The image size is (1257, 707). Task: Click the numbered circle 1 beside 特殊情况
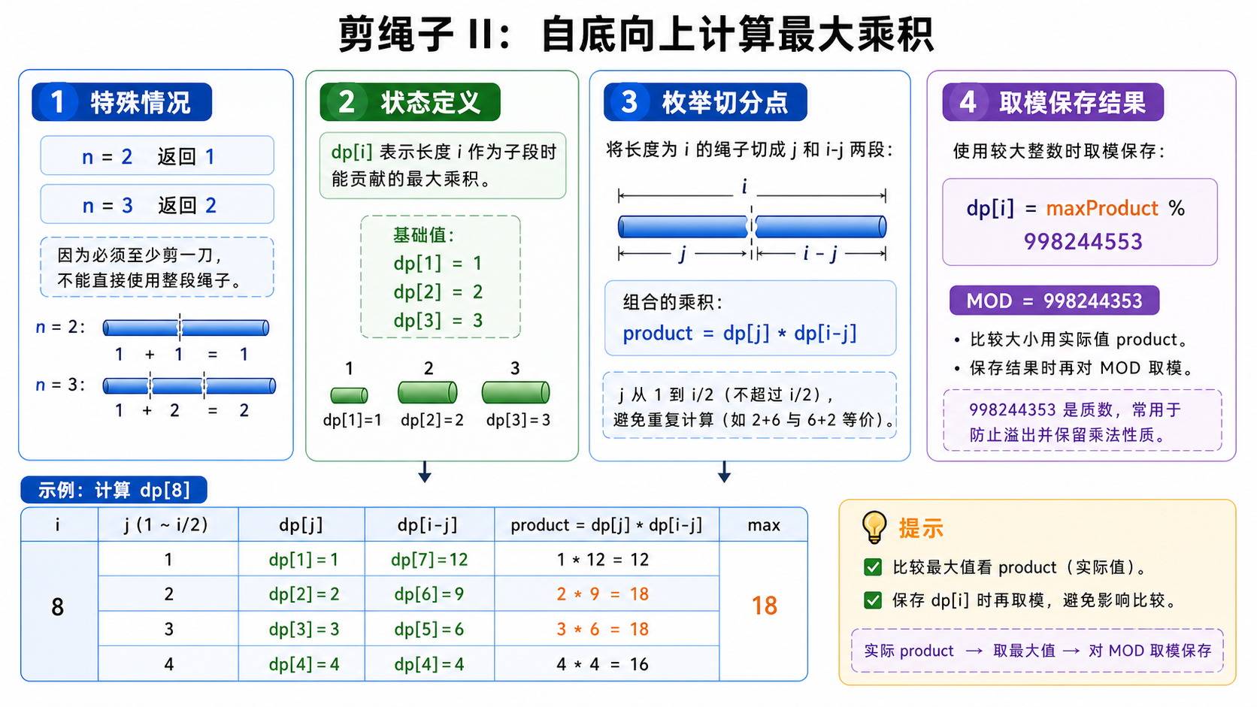pos(57,102)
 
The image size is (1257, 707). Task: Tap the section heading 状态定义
pos(431,103)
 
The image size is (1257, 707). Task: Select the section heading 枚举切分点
pos(725,103)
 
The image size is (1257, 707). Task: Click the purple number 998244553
pos(1083,242)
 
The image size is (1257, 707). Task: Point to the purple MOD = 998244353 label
pos(1054,301)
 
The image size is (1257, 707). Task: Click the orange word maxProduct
pos(1102,209)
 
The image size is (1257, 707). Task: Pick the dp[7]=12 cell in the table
pos(429,560)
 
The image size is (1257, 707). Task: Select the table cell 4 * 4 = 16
pos(603,664)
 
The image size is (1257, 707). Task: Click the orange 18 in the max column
pos(764,606)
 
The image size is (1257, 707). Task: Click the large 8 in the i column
pos(57,607)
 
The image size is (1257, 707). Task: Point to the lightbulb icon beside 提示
pos(874,527)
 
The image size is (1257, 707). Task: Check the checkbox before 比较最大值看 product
pos(873,567)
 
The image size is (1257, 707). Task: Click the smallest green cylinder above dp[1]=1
pos(349,396)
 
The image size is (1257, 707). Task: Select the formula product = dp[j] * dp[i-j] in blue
pos(740,334)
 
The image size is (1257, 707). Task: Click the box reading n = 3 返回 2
pos(157,204)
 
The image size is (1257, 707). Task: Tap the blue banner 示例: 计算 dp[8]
pos(114,490)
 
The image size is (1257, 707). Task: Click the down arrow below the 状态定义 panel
pos(425,472)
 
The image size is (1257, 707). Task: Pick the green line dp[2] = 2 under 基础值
pos(438,292)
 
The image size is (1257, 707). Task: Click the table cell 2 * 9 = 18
pos(603,594)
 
